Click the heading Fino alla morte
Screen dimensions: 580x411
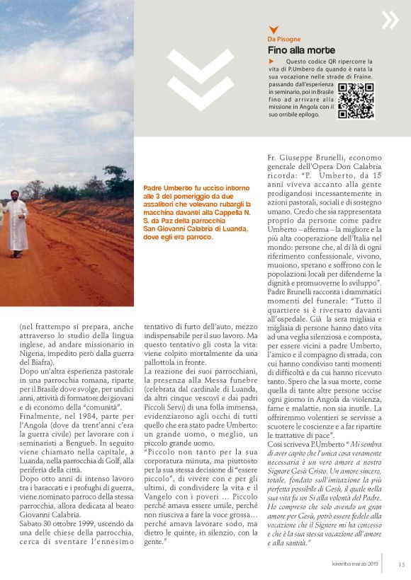pyautogui.click(x=301, y=50)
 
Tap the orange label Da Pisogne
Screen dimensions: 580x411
pyautogui.click(x=283, y=39)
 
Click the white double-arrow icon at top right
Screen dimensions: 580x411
pyautogui.click(x=390, y=20)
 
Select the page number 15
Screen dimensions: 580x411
pyautogui.click(x=401, y=564)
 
